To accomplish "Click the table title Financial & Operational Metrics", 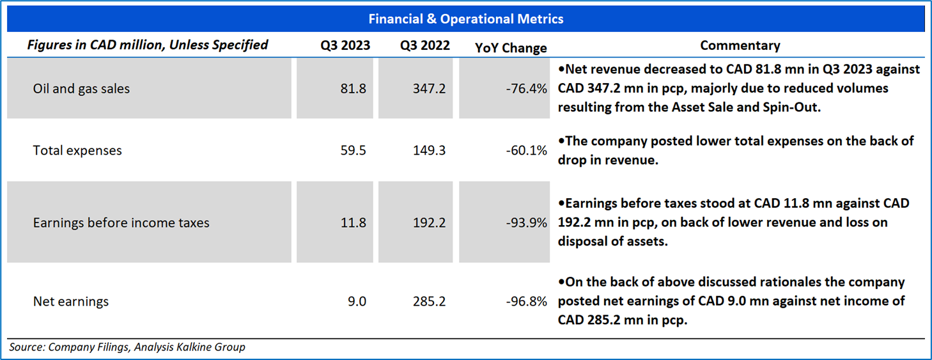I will coord(466,19).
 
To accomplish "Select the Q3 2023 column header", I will coord(345,46).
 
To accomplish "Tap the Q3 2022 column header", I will coord(425,46).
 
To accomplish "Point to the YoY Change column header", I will coord(511,48).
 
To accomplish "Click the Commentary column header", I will coord(740,46).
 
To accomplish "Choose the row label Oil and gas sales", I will coord(81,89).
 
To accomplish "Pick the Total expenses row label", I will coord(77,150).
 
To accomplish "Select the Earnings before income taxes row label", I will coord(121,223).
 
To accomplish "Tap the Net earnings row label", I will coord(71,301).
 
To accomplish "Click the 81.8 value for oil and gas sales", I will coord(354,89).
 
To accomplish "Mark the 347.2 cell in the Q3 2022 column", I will coord(430,89).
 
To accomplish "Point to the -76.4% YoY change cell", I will coord(525,89).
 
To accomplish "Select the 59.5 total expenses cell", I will coord(354,150).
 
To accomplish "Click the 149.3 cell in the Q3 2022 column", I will coord(430,150).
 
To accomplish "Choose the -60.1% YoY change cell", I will coord(525,150).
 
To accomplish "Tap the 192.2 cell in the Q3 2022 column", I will coord(430,223).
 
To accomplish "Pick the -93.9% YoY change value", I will coord(525,223).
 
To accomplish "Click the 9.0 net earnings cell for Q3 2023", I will coord(357,301).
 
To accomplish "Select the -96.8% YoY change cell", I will coord(525,301).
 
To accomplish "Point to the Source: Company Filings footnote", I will coord(127,347).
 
